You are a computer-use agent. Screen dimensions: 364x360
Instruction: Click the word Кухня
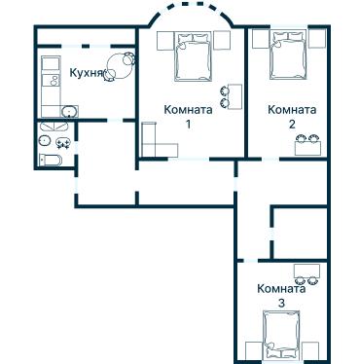pos(87,73)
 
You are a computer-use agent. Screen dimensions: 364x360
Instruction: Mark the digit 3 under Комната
pos(282,303)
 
